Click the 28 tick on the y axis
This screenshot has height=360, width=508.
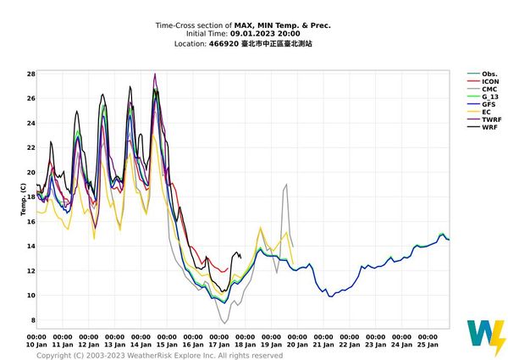[30, 75]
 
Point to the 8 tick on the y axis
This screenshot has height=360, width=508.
[31, 320]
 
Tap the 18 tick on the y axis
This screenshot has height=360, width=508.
[30, 197]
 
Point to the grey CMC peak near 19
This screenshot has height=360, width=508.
[287, 185]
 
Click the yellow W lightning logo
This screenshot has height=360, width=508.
[486, 338]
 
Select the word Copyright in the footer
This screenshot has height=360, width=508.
[56, 356]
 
